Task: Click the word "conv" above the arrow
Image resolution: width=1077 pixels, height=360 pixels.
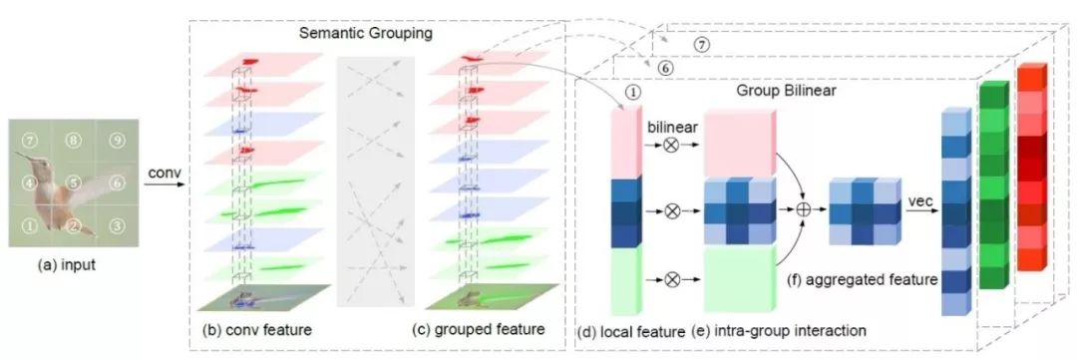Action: pos(164,174)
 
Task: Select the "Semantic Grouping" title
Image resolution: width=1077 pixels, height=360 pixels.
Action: pos(366,33)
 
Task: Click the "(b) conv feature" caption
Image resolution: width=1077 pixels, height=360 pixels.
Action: pos(257,330)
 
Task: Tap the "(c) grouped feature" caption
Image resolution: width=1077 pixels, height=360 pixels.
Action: pos(479,329)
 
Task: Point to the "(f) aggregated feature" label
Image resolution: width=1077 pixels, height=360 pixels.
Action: pos(862,279)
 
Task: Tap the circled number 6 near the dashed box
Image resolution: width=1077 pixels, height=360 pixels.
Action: pos(665,68)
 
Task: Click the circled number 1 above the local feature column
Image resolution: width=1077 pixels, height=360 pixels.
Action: pos(632,92)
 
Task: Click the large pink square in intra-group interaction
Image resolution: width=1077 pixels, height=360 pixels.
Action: pos(739,143)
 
